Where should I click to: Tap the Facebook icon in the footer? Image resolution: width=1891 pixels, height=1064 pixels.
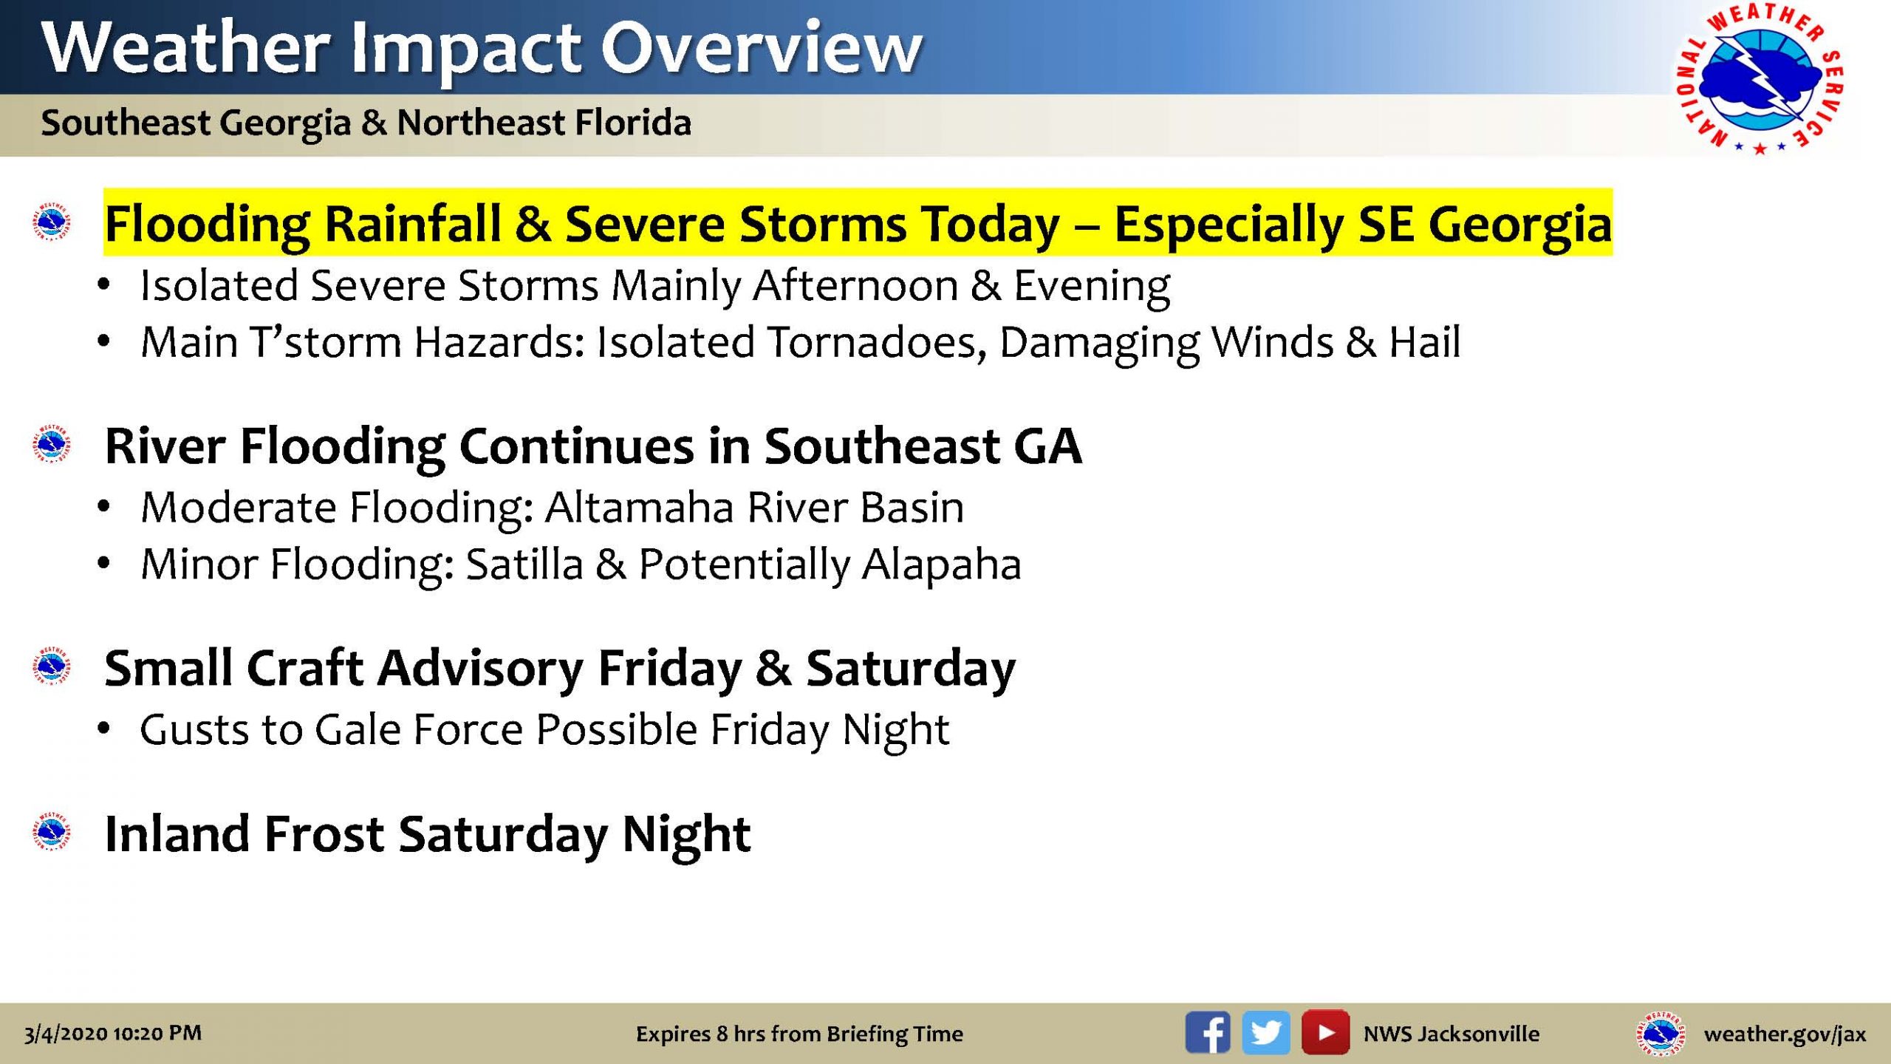(1208, 1032)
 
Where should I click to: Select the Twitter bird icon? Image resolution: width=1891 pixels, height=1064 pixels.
(1266, 1032)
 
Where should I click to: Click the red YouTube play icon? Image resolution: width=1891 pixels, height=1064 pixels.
(1325, 1032)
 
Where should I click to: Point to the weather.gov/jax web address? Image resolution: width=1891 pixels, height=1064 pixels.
(1785, 1034)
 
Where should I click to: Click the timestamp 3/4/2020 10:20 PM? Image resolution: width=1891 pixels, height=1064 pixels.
(113, 1033)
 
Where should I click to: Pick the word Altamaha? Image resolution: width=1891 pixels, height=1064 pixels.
(639, 508)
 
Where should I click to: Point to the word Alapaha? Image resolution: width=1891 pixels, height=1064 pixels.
(942, 565)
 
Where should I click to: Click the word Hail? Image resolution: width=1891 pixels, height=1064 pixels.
(1425, 342)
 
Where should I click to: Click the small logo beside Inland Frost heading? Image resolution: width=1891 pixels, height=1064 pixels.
(52, 832)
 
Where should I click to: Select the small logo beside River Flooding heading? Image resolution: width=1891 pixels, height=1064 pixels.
(52, 444)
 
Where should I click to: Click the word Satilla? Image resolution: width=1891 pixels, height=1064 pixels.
(524, 565)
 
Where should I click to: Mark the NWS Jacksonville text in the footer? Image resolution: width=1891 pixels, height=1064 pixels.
(1451, 1034)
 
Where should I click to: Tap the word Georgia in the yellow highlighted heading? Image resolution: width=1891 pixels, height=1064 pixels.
(1520, 225)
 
